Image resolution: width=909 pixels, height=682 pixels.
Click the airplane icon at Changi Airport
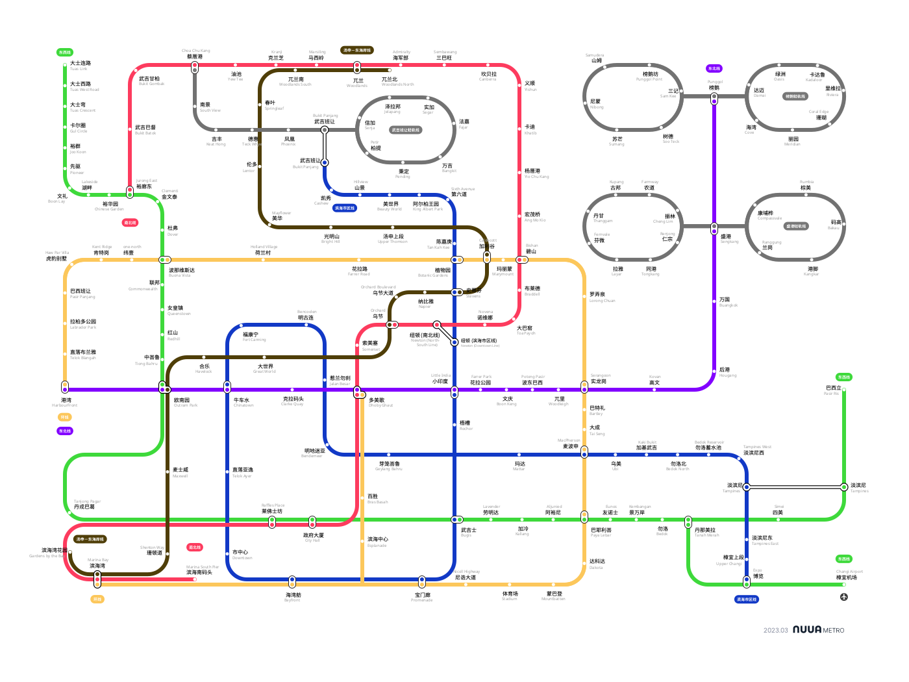coord(844,597)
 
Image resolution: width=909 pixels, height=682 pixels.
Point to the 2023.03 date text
coord(775,630)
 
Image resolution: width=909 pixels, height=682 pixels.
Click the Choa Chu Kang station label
coord(195,54)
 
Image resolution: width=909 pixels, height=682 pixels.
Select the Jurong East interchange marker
coord(130,192)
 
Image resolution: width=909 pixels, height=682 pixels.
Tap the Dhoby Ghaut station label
coord(377,402)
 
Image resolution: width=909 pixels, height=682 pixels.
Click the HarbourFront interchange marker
coord(65,387)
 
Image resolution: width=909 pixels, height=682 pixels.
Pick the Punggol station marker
coord(714,99)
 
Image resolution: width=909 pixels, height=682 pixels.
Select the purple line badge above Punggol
coord(714,68)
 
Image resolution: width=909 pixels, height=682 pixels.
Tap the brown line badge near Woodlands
coord(357,50)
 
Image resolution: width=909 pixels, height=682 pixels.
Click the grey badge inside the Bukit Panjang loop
coord(405,130)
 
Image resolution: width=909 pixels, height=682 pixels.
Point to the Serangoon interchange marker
coord(584,389)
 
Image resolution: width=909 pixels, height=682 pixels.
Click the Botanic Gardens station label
coord(442,272)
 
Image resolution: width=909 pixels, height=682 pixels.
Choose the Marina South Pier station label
coord(203,570)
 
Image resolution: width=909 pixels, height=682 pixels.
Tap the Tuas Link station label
coord(80,65)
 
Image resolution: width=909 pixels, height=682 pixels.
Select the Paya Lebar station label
coord(601,532)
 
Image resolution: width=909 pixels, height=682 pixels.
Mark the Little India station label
coord(440,379)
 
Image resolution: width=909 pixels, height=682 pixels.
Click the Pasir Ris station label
coord(832,390)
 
